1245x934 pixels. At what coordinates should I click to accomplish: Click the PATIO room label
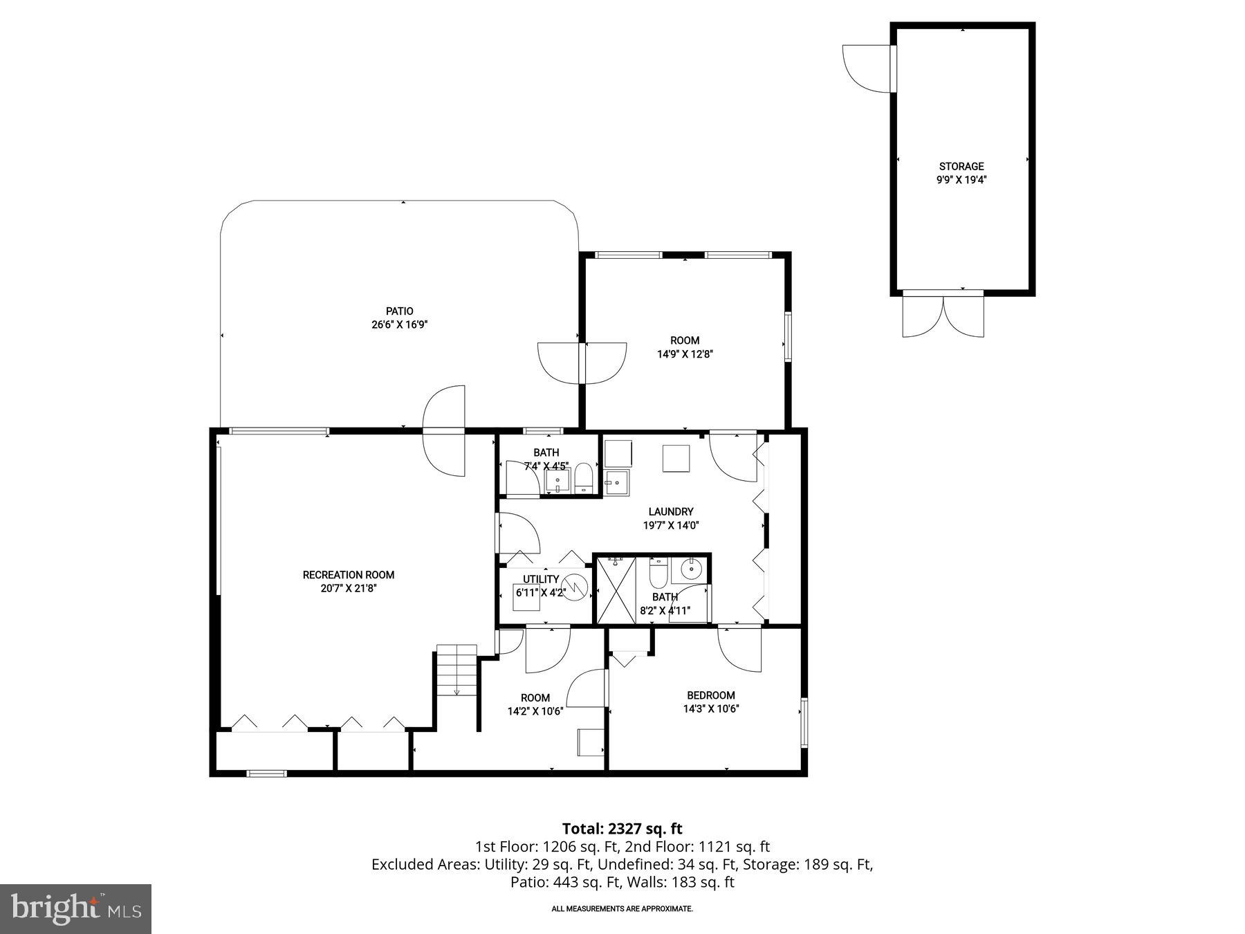[399, 311]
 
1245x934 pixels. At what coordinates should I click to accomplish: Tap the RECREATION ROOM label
[349, 575]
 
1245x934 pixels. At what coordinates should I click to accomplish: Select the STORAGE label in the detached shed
[961, 166]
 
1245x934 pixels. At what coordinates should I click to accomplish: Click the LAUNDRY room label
[670, 512]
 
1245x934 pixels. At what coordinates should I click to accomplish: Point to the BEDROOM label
[710, 695]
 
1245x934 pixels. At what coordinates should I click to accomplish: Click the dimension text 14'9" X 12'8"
[685, 354]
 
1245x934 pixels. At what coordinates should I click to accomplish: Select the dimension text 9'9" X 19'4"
[961, 180]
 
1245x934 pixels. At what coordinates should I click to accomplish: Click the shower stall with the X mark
[616, 589]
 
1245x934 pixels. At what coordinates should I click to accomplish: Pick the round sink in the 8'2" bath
[691, 570]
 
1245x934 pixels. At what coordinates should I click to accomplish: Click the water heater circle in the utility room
[575, 587]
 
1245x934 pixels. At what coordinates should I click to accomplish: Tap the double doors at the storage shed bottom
[943, 315]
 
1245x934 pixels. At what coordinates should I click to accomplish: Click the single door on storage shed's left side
[866, 68]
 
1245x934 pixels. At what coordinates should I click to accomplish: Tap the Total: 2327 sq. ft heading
[622, 828]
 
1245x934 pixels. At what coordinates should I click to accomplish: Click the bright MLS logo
[75, 908]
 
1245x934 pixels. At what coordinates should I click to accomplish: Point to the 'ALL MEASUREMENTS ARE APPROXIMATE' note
[622, 908]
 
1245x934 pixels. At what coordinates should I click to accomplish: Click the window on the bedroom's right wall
[804, 722]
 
